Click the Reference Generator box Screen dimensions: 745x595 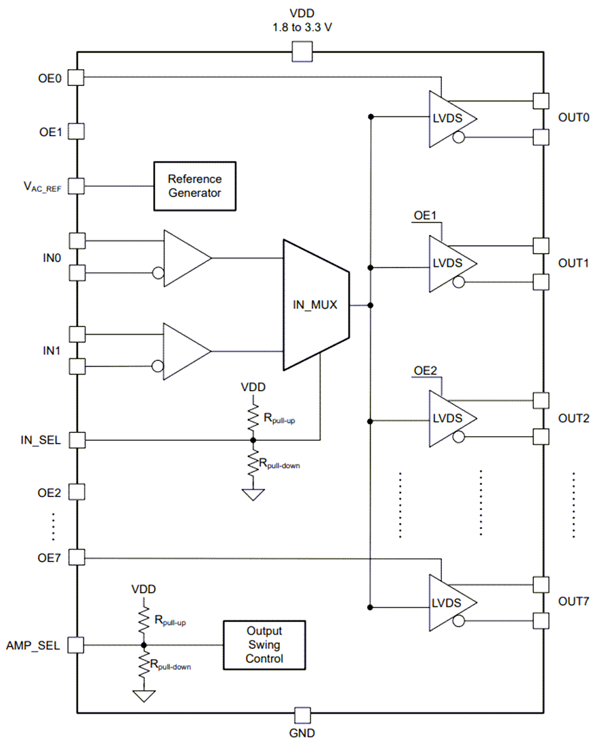194,186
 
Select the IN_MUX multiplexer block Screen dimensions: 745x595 316,305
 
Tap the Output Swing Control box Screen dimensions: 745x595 264,645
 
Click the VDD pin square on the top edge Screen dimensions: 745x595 302,51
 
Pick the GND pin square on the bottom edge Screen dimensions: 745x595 302,715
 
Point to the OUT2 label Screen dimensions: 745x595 573,418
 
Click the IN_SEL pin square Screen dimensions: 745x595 77,440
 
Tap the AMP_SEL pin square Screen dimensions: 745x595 77,645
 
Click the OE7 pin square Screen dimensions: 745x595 77,558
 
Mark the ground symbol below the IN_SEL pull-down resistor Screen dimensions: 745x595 253,494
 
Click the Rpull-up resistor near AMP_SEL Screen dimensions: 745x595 144,618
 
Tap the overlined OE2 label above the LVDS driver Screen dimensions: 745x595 426,371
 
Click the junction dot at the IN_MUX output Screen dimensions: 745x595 370,305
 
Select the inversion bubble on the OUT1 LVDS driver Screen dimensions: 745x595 459,282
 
